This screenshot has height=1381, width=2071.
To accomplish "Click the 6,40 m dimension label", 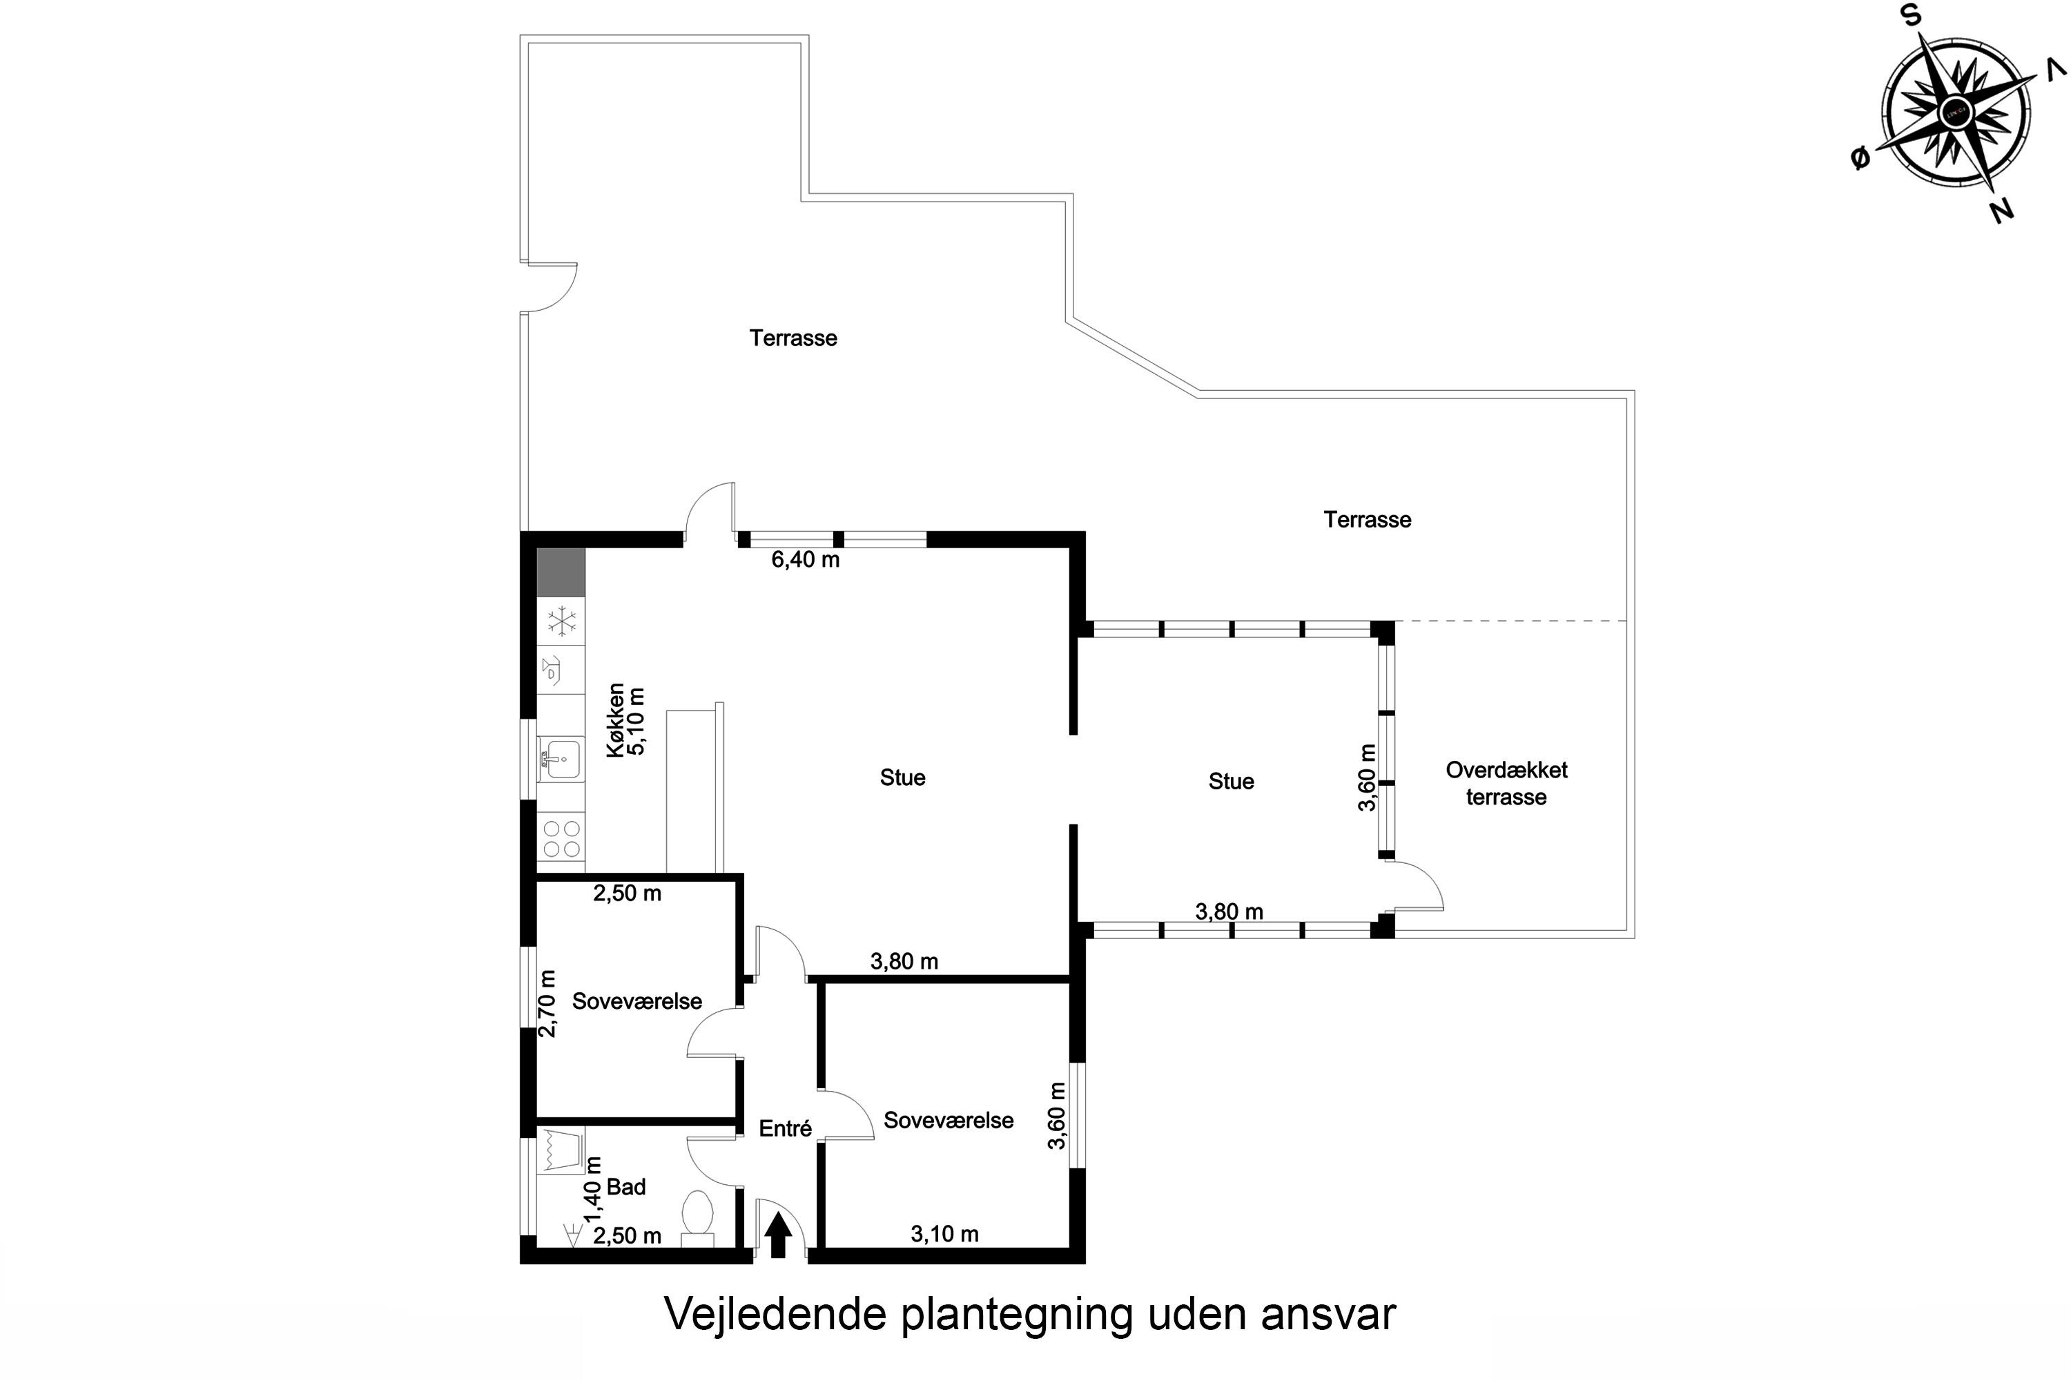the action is (806, 560).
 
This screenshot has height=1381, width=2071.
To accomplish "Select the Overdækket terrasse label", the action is (1506, 783).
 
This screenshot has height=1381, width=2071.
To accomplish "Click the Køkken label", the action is (616, 720).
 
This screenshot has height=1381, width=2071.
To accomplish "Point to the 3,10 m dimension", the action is (945, 1234).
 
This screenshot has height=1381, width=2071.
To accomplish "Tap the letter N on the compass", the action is (2003, 211).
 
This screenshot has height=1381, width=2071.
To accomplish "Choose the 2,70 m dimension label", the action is (547, 1003).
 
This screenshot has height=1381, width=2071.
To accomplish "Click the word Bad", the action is (626, 1187).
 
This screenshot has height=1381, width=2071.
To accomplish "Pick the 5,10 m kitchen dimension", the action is (636, 722).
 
